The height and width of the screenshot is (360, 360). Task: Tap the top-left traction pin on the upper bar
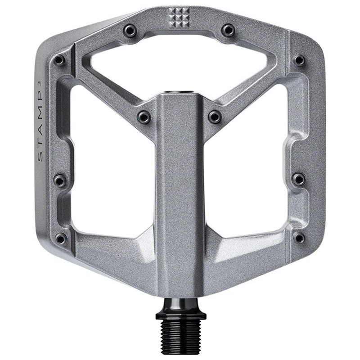pos(130,30)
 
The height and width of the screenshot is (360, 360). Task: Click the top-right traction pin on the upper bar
pos(228,30)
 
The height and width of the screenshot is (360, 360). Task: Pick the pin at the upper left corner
pos(59,60)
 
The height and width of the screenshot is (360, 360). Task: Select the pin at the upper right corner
pos(299,60)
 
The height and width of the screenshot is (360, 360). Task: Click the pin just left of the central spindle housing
pos(144,117)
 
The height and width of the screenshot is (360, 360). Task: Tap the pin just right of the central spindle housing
pos(215,117)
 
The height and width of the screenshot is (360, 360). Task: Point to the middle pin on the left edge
pos(60,180)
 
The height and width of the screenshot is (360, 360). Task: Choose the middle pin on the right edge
pos(299,179)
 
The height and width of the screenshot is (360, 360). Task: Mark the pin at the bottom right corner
pos(298,238)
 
